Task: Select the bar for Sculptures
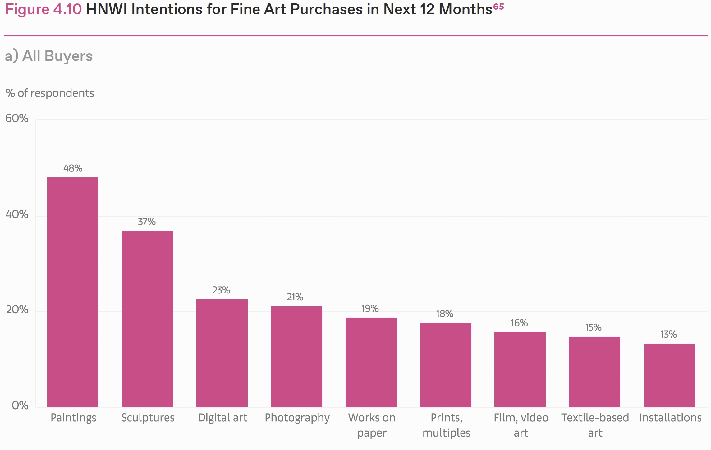tap(147, 319)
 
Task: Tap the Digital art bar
tap(222, 353)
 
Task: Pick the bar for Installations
tap(669, 375)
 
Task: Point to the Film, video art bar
tap(520, 369)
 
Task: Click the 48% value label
tap(73, 168)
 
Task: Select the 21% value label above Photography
tap(295, 297)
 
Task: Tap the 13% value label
tap(668, 335)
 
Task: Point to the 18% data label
tap(444, 314)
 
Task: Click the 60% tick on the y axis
tap(17, 119)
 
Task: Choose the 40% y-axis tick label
tap(17, 214)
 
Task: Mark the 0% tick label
tap(20, 405)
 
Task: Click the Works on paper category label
tap(372, 425)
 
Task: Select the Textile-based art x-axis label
tap(595, 425)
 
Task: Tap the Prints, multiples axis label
tap(446, 425)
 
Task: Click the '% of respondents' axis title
tap(50, 93)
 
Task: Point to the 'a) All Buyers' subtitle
tap(49, 56)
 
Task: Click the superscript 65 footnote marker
tap(498, 6)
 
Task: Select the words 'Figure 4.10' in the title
tap(43, 9)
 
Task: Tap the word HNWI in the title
tap(106, 9)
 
